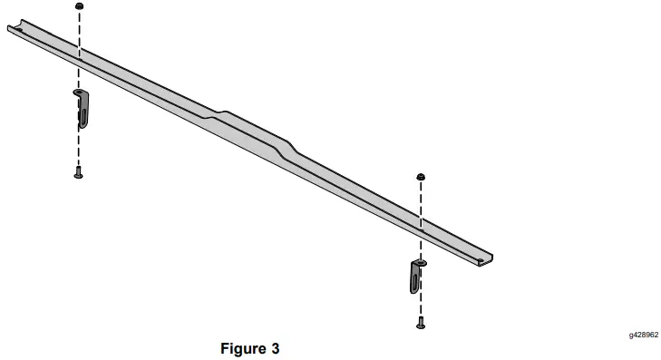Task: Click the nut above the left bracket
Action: pos(79,6)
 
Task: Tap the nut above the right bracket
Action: pos(421,175)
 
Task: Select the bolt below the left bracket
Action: pos(79,173)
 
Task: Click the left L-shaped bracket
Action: pos(82,108)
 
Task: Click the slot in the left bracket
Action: pos(83,114)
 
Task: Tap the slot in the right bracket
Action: pos(415,279)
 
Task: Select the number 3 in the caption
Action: pos(275,347)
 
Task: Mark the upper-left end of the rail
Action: pos(12,29)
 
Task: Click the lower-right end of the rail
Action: pos(488,257)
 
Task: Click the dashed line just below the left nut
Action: pos(79,27)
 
